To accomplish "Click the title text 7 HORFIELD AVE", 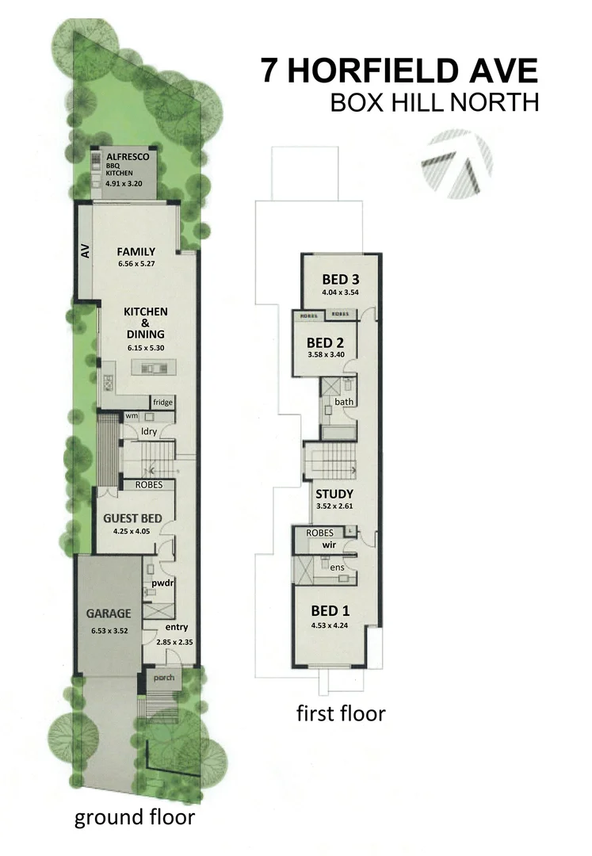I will click(x=399, y=71).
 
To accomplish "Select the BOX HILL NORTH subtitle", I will click(x=434, y=103).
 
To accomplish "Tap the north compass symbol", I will click(x=457, y=166).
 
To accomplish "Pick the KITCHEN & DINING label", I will click(x=143, y=323).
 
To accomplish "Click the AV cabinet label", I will click(x=85, y=251).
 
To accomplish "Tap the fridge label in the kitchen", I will click(x=162, y=403).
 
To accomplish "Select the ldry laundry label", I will click(x=148, y=431).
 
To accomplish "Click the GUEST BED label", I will click(x=133, y=518).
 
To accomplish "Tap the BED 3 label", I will click(x=341, y=279).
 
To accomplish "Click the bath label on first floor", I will click(x=343, y=402).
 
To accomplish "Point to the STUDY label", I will click(x=334, y=494).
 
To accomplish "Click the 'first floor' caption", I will click(x=341, y=713).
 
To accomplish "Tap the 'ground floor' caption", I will click(x=134, y=817).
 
